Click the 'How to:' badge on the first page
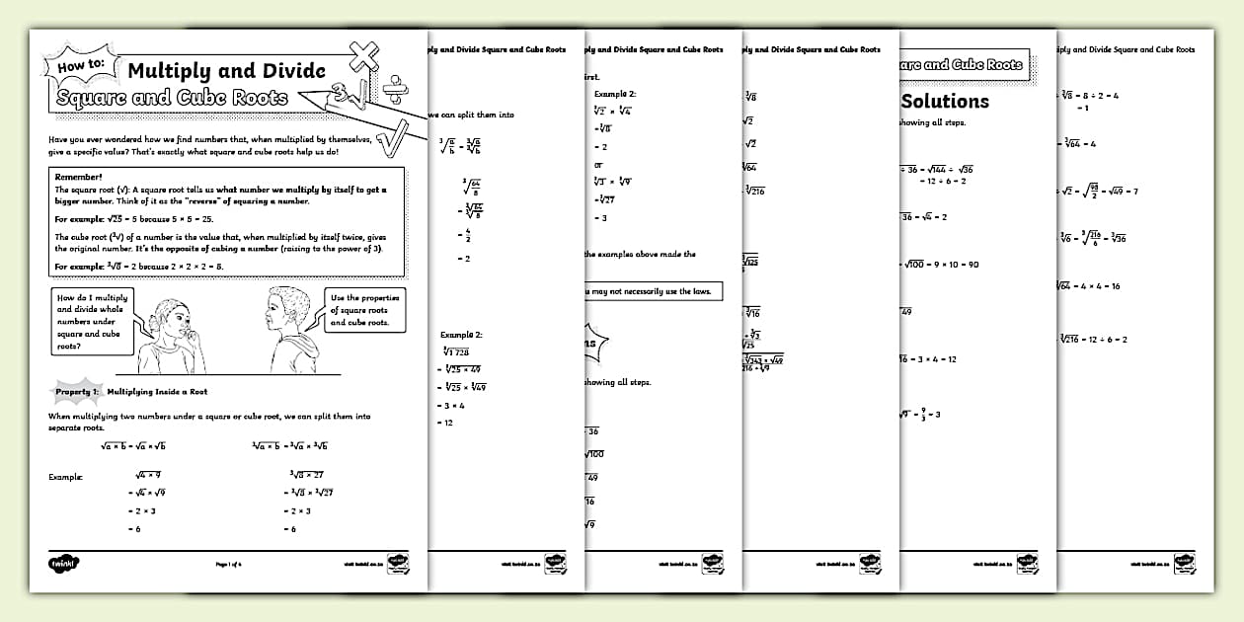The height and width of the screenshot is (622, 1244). [81, 69]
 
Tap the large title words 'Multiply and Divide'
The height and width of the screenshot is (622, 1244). [226, 70]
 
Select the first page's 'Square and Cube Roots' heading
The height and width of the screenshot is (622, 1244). [173, 97]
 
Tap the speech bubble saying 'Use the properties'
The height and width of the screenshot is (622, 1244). [364, 309]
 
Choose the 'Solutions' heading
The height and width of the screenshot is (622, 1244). [945, 101]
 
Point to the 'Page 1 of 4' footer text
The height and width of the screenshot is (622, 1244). [235, 564]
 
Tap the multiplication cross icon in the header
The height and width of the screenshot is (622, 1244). [363, 57]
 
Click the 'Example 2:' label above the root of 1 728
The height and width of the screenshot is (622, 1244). [461, 335]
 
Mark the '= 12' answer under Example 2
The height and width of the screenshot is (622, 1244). [447, 423]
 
